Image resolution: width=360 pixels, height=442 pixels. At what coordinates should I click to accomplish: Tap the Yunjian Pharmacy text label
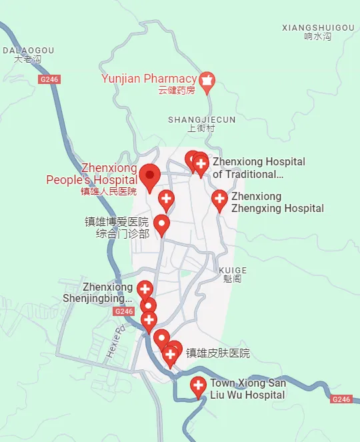149,79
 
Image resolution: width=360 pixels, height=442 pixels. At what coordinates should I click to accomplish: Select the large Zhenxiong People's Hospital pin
149,175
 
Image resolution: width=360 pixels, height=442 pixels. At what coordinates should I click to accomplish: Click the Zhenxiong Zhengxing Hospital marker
219,199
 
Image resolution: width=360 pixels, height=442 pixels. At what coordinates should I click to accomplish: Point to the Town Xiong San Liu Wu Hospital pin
198,386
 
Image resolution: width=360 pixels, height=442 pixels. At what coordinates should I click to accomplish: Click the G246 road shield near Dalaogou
49,79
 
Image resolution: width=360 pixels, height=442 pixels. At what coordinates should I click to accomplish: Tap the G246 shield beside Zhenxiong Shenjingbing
124,311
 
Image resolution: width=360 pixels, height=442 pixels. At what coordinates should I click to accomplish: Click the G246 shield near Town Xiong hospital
341,399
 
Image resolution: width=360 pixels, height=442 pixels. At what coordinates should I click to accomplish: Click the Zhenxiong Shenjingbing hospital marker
145,289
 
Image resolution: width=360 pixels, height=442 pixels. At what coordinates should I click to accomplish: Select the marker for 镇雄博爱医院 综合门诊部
161,224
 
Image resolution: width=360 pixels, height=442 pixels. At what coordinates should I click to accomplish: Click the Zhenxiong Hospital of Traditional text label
259,168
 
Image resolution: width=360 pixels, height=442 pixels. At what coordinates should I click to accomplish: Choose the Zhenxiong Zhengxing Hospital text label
277,203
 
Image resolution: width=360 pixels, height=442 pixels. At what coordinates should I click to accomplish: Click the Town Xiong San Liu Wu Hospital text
248,389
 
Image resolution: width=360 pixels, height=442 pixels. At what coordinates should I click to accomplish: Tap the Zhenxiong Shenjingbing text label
108,293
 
